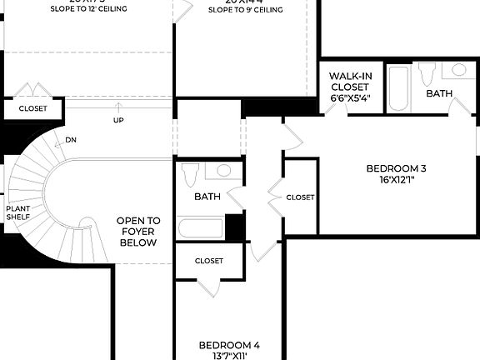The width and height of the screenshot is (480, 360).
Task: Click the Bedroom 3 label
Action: pyautogui.click(x=396, y=168)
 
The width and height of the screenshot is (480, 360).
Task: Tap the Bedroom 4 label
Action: pyautogui.click(x=229, y=344)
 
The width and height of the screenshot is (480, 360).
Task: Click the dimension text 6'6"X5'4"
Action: pyautogui.click(x=350, y=98)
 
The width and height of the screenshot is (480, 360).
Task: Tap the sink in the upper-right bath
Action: pyautogui.click(x=459, y=71)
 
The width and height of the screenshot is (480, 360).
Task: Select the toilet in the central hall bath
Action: pyautogui.click(x=190, y=174)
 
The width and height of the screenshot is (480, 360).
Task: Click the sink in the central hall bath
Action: pyautogui.click(x=222, y=171)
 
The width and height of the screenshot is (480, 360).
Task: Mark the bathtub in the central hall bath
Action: pyautogui.click(x=201, y=227)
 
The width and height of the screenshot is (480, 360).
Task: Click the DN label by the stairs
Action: pyautogui.click(x=71, y=140)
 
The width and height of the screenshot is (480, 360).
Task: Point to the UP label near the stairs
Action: pyautogui.click(x=119, y=120)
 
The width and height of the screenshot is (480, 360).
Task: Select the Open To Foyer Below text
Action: pyautogui.click(x=137, y=232)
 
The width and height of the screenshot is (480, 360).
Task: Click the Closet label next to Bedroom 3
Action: pyautogui.click(x=300, y=197)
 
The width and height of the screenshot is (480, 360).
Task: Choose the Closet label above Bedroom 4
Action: pyautogui.click(x=209, y=261)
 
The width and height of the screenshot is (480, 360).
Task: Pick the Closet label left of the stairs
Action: pyautogui.click(x=32, y=108)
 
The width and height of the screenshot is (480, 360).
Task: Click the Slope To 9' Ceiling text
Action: pyautogui.click(x=245, y=10)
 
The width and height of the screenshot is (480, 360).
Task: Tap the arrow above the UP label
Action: pyautogui.click(x=119, y=107)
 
